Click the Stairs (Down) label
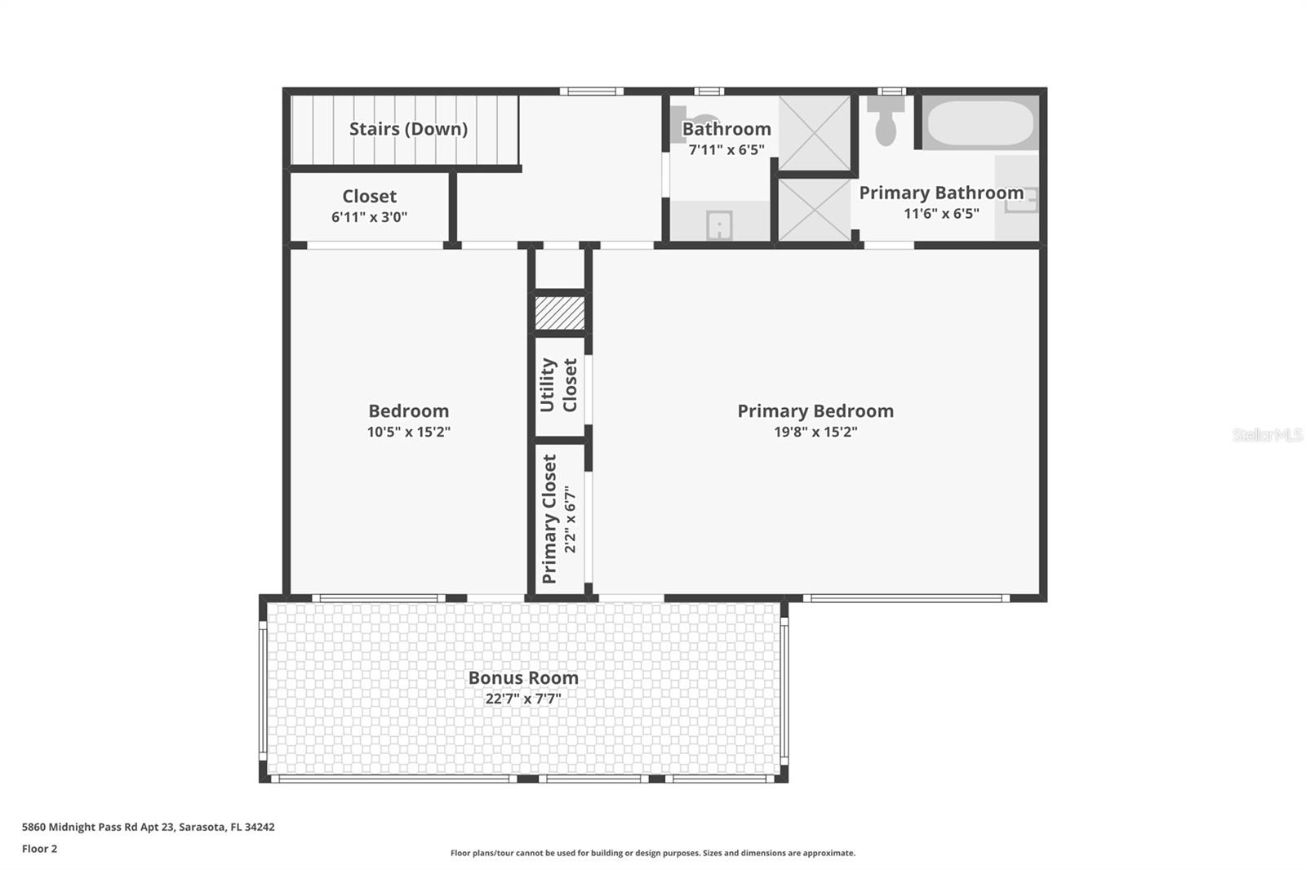point(408,129)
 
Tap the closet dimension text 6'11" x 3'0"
point(369,217)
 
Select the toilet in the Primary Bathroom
point(886,121)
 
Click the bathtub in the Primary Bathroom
point(980,122)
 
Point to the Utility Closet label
point(558,385)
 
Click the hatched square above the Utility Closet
point(560,313)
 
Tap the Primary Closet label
point(549,519)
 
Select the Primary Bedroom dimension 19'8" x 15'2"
point(815,432)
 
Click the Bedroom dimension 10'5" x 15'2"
point(408,432)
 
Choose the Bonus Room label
point(523,677)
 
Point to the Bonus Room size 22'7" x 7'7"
point(523,698)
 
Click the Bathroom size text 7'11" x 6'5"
point(726,150)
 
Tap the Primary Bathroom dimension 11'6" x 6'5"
point(941,213)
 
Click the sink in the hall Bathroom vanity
point(719,225)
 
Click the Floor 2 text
point(40,849)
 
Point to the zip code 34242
point(260,827)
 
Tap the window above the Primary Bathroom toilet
point(891,91)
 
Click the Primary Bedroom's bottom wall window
point(906,597)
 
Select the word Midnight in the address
point(69,827)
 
